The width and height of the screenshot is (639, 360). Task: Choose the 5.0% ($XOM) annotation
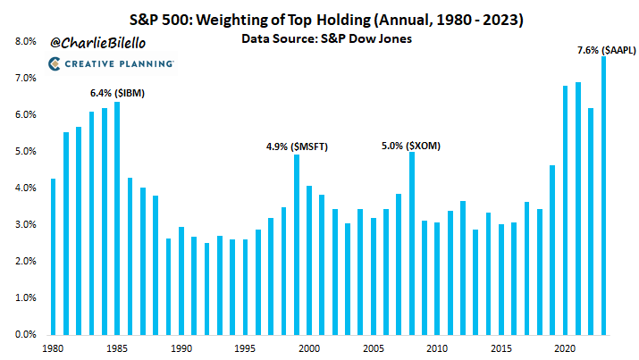pos(411,145)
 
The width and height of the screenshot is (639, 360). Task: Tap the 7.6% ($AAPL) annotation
pos(606,50)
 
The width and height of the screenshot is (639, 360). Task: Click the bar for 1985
pos(117,218)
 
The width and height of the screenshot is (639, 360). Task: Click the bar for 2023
pos(603,196)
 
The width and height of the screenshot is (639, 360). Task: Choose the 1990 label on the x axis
pos(181,349)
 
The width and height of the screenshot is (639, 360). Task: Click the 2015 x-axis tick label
pos(501,349)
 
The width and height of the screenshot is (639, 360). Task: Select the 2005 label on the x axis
pos(374,349)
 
